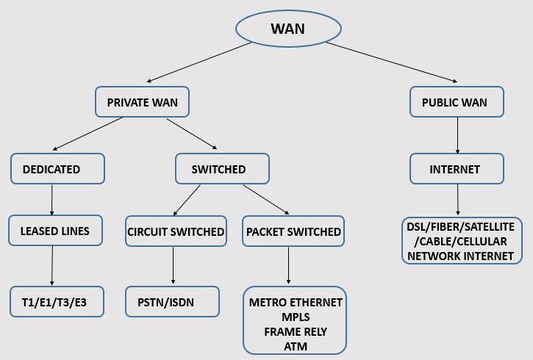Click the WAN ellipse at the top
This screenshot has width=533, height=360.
(288, 29)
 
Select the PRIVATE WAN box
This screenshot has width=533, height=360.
(142, 102)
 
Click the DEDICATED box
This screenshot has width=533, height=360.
(51, 168)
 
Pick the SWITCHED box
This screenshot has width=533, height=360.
(218, 168)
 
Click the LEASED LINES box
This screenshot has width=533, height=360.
(54, 231)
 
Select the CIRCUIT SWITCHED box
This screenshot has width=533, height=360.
(176, 231)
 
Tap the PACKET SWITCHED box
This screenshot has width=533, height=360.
(293, 231)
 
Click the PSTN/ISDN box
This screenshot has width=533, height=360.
(172, 301)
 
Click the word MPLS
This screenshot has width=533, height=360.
(296, 317)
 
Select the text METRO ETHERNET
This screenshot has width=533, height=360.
(296, 302)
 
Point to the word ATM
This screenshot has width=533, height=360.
(296, 346)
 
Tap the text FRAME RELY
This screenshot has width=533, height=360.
(296, 331)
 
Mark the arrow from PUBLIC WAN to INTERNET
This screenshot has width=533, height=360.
(457, 134)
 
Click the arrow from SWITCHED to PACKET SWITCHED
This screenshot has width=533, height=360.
(265, 199)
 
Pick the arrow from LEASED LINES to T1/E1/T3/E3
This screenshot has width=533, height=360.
(53, 265)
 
